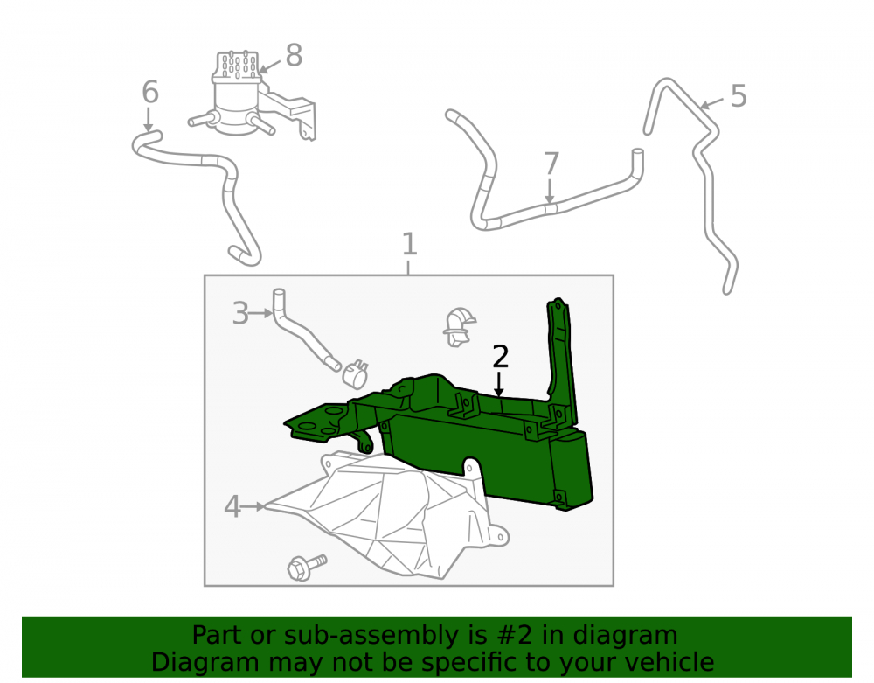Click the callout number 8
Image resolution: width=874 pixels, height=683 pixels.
coord(294,55)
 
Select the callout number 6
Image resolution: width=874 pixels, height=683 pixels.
coord(150,92)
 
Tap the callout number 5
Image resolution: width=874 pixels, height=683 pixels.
coord(738,96)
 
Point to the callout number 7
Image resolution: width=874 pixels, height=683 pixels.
coord(551,164)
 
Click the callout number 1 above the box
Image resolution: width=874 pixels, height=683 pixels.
coord(410,244)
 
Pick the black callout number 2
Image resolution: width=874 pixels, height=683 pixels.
coord(500,357)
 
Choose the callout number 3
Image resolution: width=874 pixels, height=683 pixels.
coord(240,313)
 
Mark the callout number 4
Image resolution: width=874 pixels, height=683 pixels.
coord(232,507)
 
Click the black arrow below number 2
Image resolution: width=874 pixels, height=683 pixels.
coord(499,384)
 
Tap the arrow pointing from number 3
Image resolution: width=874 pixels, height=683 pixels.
coord(260,314)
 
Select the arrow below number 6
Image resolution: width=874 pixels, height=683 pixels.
coord(149,119)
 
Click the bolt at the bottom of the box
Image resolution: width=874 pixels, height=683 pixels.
coord(306,567)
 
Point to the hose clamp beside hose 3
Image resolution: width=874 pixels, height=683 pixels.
coord(355,373)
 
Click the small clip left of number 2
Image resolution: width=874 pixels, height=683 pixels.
coord(458,327)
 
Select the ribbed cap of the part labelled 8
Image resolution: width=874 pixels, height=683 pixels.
coord(237,66)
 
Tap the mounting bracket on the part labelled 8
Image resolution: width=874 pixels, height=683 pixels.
coord(293,112)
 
